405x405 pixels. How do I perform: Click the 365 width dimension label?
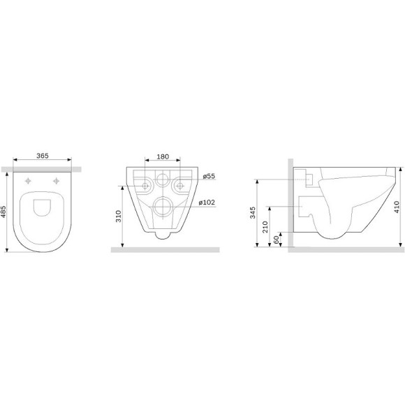click(x=43, y=156)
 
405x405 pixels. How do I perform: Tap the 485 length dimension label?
click(x=3, y=212)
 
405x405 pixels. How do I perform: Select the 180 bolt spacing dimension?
click(x=163, y=156)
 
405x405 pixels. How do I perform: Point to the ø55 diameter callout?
click(x=209, y=176)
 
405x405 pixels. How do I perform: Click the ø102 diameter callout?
click(x=207, y=202)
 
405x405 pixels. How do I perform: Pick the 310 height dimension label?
click(x=118, y=216)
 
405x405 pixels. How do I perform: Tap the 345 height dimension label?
click(x=253, y=212)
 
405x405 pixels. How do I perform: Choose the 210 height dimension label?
click(x=265, y=227)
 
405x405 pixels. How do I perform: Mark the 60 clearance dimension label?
click(x=277, y=240)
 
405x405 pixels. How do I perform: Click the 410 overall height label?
click(x=397, y=207)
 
